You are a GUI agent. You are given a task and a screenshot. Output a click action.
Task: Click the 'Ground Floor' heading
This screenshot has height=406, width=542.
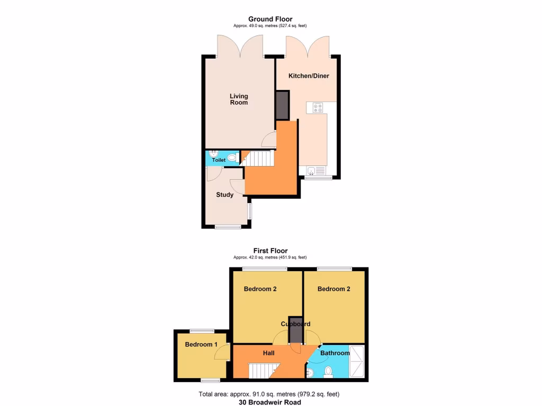[270, 19]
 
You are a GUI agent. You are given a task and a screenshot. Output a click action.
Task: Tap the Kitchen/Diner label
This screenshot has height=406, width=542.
[309, 76]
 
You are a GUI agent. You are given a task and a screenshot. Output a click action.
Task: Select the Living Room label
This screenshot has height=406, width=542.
[238, 99]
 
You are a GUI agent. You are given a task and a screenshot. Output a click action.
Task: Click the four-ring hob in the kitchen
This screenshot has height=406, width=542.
[318, 107]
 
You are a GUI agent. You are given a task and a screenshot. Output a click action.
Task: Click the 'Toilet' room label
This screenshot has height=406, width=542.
[219, 160]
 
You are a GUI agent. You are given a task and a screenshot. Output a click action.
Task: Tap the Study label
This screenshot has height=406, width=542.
[224, 195]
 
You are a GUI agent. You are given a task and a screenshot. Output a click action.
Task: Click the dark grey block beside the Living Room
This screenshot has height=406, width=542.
[282, 105]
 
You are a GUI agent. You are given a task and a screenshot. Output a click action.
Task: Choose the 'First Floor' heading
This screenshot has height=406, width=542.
[270, 251]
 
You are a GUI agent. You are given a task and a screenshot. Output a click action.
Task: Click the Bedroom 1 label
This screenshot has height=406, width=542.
[201, 345]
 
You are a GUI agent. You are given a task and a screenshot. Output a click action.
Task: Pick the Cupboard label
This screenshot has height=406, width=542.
[295, 324]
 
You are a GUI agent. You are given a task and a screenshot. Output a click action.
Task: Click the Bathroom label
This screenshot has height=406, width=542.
[335, 353]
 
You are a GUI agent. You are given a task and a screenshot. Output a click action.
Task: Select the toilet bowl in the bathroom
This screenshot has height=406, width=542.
[328, 372]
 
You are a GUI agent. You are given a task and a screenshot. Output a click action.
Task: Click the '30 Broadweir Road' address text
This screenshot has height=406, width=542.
[269, 402]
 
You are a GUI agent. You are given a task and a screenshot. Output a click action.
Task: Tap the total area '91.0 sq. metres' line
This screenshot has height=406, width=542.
[269, 394]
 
